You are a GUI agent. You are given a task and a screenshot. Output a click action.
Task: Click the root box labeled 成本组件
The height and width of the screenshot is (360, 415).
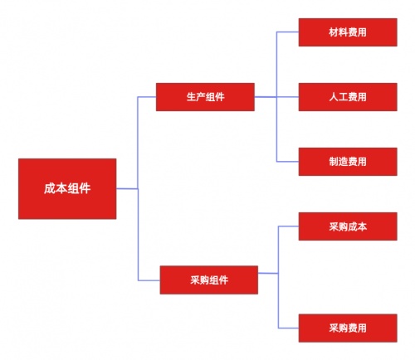[67, 189]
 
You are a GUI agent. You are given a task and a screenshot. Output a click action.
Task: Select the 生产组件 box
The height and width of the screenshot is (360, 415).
[205, 97]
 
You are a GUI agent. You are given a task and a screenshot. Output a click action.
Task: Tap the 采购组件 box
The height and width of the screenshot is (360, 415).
[209, 280]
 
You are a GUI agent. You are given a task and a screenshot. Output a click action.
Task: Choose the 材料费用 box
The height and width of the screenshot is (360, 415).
[348, 32]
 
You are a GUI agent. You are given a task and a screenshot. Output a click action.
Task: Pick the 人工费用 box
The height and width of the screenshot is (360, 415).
[348, 97]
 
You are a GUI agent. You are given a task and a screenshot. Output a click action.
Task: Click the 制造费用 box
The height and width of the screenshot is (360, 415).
[348, 162]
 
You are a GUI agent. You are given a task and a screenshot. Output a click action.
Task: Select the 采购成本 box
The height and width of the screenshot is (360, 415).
[348, 226]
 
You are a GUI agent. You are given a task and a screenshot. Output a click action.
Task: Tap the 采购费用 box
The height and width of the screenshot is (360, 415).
[348, 328]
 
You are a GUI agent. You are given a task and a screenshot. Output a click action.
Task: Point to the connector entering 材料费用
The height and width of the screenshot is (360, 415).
[288, 32]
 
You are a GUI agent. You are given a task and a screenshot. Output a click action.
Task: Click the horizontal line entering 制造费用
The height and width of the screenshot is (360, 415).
[288, 162]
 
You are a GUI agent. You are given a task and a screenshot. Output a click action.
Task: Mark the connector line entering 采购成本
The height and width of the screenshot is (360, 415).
[289, 226]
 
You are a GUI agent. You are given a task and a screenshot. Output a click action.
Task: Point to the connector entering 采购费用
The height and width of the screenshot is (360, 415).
[289, 328]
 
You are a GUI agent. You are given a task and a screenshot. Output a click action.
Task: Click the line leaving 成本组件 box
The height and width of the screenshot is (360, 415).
[127, 189]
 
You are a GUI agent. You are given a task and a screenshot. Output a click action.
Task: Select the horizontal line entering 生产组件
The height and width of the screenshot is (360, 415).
[147, 97]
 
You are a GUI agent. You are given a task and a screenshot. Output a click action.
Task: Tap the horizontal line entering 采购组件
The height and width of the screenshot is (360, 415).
[149, 280]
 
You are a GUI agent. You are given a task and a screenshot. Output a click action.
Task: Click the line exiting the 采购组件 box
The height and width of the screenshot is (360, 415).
[268, 273]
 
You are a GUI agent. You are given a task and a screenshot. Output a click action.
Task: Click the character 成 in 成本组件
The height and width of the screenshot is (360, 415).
[50, 188]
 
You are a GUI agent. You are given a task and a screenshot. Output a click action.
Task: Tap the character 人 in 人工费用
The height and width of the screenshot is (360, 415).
[334, 97]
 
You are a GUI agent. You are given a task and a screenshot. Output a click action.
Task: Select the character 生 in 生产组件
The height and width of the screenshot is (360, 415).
[191, 97]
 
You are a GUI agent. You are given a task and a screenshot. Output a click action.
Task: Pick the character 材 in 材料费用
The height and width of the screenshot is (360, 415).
[334, 32]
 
